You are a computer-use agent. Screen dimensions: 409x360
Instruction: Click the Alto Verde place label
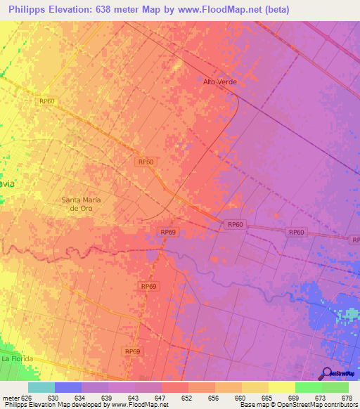point(220,82)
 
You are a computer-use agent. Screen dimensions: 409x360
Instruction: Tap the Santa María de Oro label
point(82,204)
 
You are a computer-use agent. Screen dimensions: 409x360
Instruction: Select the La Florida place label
point(16,359)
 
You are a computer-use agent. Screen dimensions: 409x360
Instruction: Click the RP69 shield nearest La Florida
point(132,351)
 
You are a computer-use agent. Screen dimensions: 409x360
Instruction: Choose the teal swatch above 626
point(41,387)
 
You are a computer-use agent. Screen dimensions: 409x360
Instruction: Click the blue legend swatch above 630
point(68,387)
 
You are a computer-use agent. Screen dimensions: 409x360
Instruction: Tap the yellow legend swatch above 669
point(282,387)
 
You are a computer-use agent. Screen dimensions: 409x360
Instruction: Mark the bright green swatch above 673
point(309,387)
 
